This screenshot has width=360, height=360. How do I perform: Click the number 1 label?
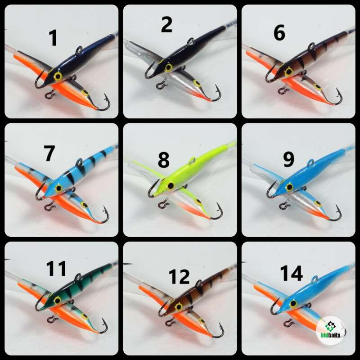pyautogui.click(x=53, y=38)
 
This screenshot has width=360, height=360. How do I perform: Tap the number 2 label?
pyautogui.click(x=166, y=25)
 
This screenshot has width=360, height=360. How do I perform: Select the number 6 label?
pyautogui.click(x=279, y=33)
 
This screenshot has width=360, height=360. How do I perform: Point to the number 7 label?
pyautogui.click(x=49, y=153)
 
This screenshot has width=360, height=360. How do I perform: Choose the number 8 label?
pyautogui.click(x=164, y=159)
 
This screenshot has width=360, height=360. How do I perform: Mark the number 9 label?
pyautogui.click(x=289, y=159)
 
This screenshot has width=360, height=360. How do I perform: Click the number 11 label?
pyautogui.click(x=56, y=268)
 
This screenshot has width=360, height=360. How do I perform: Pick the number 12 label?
pyautogui.click(x=179, y=277)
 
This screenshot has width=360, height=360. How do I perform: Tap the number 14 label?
pyautogui.click(x=292, y=273)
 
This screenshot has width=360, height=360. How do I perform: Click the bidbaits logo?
pyautogui.click(x=331, y=330)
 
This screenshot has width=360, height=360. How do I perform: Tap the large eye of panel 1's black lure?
pyautogui.click(x=58, y=76)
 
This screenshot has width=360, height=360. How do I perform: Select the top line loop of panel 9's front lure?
pyautogui.click(x=310, y=162)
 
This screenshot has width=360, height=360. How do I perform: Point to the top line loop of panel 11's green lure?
pyautogui.click(x=78, y=276)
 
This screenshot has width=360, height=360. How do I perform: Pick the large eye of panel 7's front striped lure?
pyautogui.click(x=58, y=188)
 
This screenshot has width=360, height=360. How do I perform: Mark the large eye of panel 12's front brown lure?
pyautogui.click(x=178, y=306)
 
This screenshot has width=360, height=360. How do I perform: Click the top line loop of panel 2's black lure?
pyautogui.click(x=191, y=41)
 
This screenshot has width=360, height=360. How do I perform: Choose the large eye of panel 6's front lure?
pyautogui.click(x=288, y=72)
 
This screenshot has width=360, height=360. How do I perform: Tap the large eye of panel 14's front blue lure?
pyautogui.click(x=293, y=303)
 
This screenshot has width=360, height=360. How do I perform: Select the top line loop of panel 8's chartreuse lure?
pyautogui.click(x=193, y=160)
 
